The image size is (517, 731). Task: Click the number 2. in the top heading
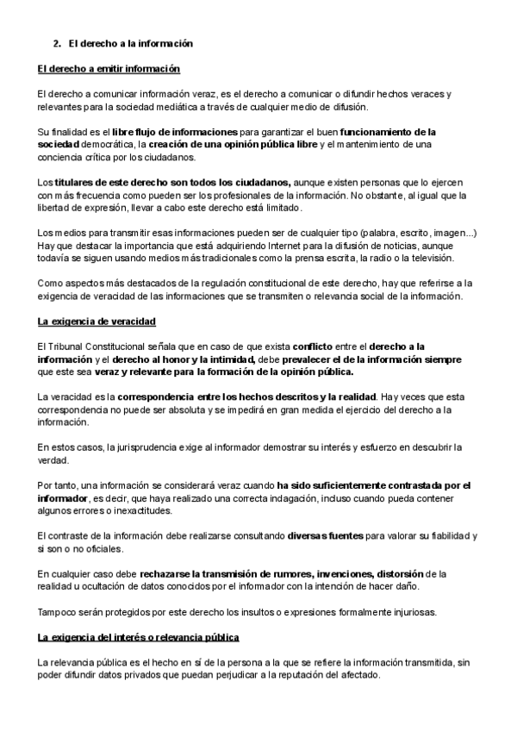coord(58,43)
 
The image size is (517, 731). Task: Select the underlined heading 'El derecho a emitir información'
coord(109,68)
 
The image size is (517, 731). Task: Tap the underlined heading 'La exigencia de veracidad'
coord(97,322)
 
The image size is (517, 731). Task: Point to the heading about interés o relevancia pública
coord(139,637)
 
